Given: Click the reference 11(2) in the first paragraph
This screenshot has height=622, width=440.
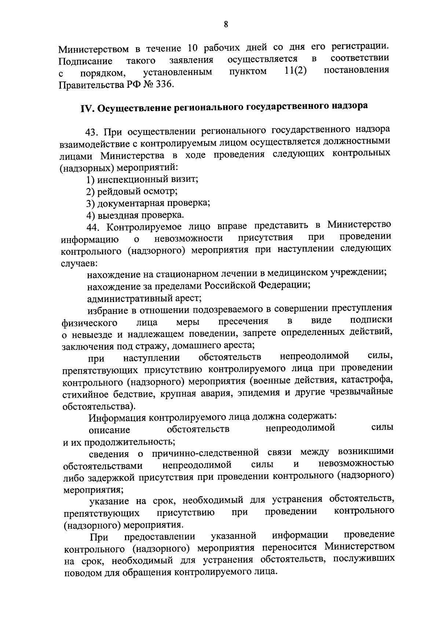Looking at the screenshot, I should (296, 71).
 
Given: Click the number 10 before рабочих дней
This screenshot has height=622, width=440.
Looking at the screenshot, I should (193, 48).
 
